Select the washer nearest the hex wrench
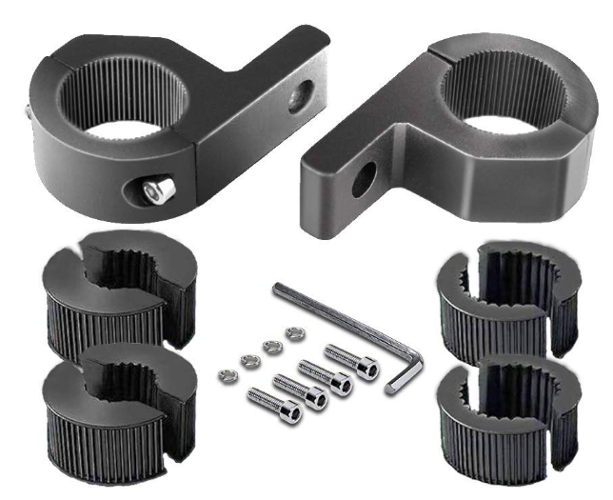pos(292,332)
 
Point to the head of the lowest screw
pos(290,413)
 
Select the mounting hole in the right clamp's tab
pos(364,180)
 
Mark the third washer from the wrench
pos(250,359)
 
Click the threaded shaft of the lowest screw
pos(265,400)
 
